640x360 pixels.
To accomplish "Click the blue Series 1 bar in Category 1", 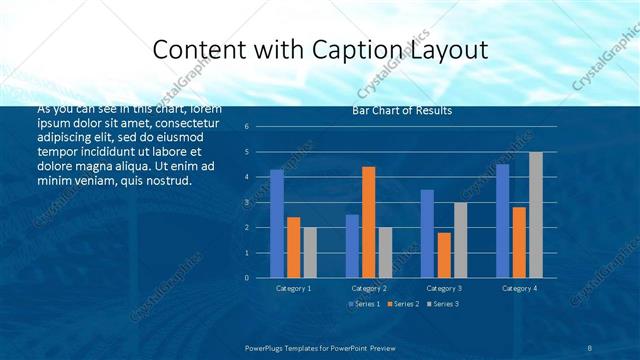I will [277, 223].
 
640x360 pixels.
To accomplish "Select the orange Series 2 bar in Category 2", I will [368, 222].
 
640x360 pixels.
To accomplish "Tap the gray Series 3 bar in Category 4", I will [536, 214].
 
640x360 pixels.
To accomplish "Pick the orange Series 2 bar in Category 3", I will [444, 254].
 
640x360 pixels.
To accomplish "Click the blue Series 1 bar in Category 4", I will [502, 220].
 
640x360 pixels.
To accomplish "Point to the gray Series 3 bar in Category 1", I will [310, 252].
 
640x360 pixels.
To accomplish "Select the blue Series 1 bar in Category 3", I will [427, 233].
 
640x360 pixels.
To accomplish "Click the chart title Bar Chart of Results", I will [402, 110].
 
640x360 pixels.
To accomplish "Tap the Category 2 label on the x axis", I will [369, 288].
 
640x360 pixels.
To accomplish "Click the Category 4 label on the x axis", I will [519, 288].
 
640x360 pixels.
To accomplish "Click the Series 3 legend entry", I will [444, 303].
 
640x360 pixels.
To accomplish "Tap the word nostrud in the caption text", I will [164, 180].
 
